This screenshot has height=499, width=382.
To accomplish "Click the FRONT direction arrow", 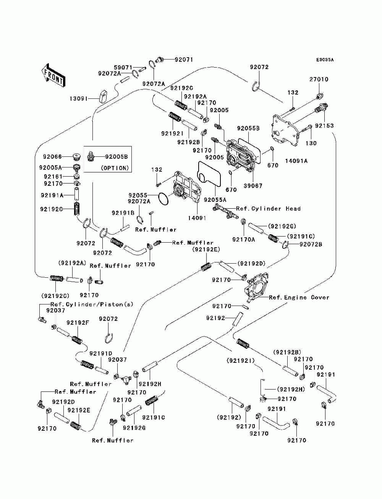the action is tap(53, 75).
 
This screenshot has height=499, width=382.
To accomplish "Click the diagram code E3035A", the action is tap(325, 60).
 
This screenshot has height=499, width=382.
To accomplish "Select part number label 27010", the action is tap(319, 79).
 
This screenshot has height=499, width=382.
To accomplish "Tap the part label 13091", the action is tap(79, 99).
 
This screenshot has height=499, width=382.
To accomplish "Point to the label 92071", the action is tap(184, 60).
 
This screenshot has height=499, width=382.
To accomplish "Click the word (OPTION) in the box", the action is tap(115, 168).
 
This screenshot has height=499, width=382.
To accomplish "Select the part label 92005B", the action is tap(117, 157).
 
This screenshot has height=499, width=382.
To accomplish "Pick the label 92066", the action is tap(52, 157).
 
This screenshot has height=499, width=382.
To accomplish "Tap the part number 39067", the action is tap(253, 186).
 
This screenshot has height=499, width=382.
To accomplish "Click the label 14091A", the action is tap(296, 161).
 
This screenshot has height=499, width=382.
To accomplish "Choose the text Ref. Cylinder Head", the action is tap(269, 208).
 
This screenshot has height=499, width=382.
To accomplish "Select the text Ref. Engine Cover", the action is tap(299, 297).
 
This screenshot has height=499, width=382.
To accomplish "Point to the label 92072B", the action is tap(311, 245).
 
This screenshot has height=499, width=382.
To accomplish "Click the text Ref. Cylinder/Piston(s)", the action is tap(92, 304).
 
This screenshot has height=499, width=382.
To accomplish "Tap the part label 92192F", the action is tap(78, 323).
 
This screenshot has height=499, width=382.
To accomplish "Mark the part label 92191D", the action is tap(101, 354).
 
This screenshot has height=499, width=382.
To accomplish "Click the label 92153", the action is tap(324, 126).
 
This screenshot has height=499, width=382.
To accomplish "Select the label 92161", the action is tap(53, 176).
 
